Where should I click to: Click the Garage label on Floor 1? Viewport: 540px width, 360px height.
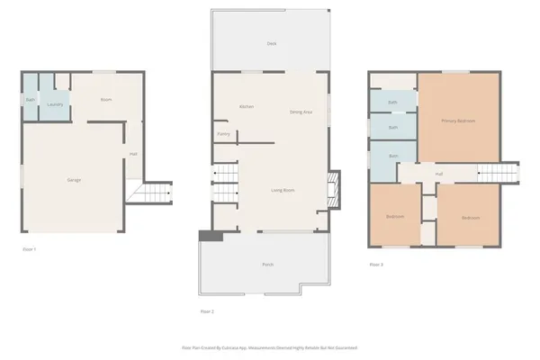click(74, 180)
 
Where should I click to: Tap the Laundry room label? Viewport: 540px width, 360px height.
click(55, 104)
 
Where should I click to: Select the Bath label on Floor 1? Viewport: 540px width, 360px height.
click(30, 100)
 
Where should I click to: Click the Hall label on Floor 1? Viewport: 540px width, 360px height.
click(133, 154)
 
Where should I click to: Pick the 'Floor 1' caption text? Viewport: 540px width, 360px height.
click(29, 248)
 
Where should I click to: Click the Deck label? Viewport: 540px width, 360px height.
click(271, 43)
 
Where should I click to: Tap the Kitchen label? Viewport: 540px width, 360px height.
click(246, 107)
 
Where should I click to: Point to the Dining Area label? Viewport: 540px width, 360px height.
click(301, 112)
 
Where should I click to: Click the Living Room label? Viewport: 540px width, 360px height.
click(284, 190)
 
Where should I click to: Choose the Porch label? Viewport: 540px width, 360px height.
click(267, 265)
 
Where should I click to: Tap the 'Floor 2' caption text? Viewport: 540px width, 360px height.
click(207, 311)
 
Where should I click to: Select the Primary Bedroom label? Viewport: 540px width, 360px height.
click(458, 120)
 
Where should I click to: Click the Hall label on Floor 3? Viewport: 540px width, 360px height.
click(439, 174)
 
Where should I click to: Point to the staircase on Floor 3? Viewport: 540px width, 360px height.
click(499, 174)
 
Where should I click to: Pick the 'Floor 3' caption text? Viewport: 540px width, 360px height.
click(376, 265)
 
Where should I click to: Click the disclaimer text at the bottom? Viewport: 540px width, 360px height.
click(270, 346)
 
